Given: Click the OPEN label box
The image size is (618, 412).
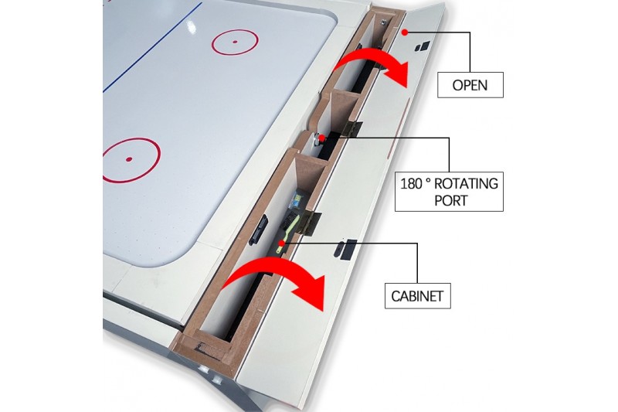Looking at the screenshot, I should pos(470,83).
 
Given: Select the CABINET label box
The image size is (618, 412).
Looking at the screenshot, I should pos(417,295).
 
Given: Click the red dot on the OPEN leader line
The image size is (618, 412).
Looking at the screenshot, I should pos(404,32).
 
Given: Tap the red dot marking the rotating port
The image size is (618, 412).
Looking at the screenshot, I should pos(321,138).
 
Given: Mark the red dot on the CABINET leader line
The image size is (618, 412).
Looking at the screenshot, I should pos(282,243).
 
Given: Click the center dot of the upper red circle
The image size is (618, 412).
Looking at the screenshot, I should pos(234,42).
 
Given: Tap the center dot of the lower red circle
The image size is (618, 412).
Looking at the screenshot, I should pos(129,160).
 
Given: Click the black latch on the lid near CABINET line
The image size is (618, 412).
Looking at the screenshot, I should pos(345,248).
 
